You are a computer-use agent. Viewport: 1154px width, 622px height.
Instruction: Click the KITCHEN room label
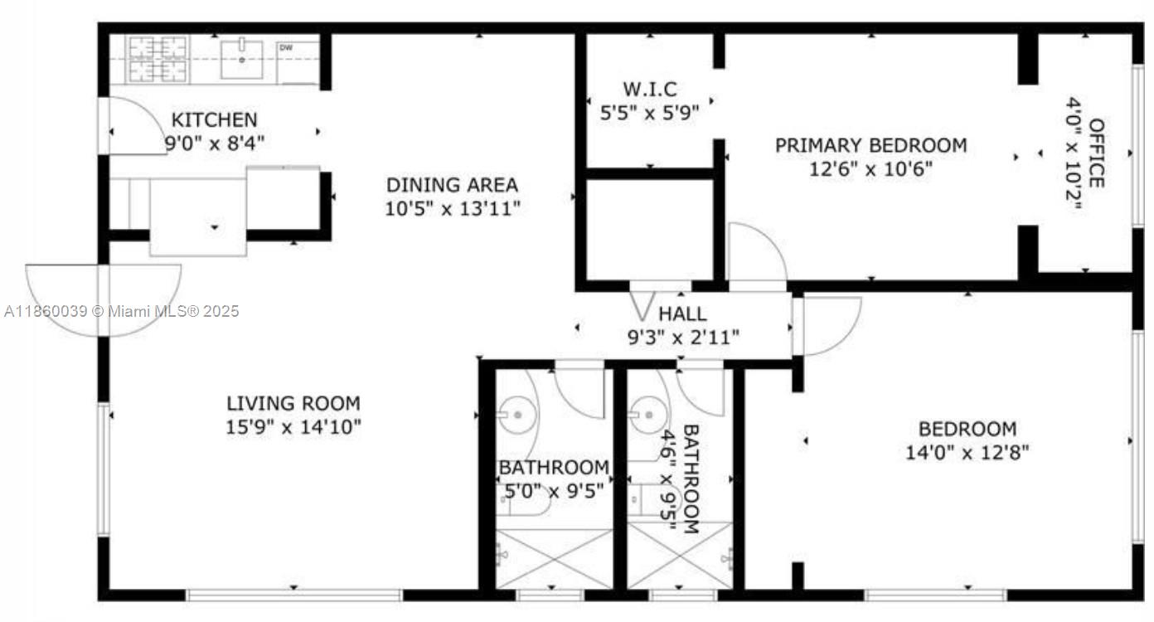214,119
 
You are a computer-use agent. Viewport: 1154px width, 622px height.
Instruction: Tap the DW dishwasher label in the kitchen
285,48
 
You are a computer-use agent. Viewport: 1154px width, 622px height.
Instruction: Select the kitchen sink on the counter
242,58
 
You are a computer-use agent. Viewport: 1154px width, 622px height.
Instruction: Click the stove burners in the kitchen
157,58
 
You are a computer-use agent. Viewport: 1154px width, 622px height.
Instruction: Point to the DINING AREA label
452,185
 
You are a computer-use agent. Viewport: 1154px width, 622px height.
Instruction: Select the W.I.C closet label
650,89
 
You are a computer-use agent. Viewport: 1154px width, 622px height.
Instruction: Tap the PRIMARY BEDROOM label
870,146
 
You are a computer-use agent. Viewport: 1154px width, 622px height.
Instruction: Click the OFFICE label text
1097,153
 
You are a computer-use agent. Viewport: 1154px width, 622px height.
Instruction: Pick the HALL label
682,314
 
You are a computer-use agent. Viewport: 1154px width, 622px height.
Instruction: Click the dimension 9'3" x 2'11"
684,337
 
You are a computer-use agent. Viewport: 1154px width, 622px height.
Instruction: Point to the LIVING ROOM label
293,404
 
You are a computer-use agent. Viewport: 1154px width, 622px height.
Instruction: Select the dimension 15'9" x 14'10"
293,427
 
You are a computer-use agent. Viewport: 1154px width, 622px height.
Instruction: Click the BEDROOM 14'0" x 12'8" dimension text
967,453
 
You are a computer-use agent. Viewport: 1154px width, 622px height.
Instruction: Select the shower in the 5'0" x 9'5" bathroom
554,558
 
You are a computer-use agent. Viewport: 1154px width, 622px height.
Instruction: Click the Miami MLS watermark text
121,312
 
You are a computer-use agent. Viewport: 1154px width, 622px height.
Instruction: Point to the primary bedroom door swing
756,253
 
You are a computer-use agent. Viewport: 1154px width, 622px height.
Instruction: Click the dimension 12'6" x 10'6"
870,169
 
